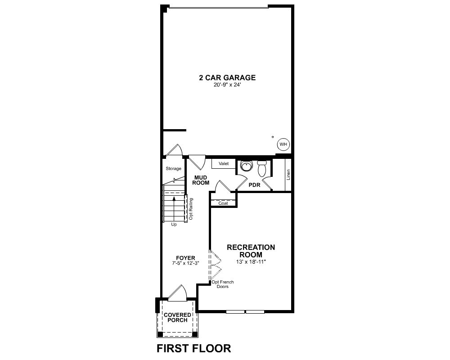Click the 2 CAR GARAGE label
point(227,77)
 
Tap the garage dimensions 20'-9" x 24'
point(227,85)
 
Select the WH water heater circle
point(283,144)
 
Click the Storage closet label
point(173,168)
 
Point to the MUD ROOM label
point(201,180)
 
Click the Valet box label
point(224,164)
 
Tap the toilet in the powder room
point(262,168)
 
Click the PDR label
point(254,185)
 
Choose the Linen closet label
point(288,175)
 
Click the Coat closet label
point(223,203)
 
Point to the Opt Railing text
point(191,209)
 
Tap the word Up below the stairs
point(174,225)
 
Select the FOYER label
point(185,258)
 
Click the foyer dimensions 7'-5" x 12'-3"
point(185,263)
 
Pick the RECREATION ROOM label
point(251,251)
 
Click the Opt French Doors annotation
point(223,284)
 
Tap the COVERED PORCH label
point(177,318)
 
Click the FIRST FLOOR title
point(193,348)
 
